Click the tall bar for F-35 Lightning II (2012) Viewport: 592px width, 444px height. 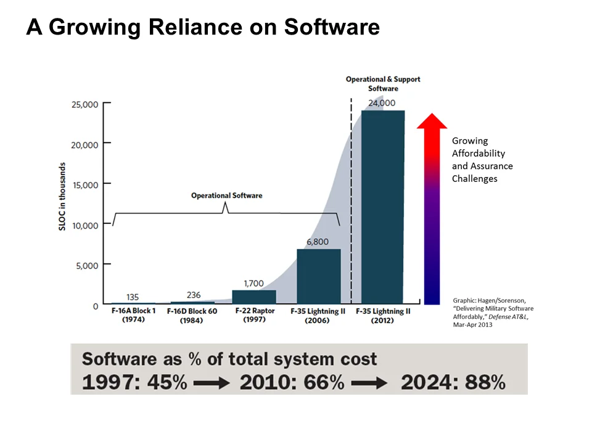pos(383,207)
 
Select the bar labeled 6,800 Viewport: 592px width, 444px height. pos(318,276)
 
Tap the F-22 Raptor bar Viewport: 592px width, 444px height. pos(254,297)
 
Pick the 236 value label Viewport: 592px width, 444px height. pos(194,295)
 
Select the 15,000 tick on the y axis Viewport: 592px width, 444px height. pos(82,184)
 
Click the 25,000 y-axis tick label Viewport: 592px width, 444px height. pos(82,104)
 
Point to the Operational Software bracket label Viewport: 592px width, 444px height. pos(226,195)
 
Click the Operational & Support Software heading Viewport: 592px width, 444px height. pos(383,84)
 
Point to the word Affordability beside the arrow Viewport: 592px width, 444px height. pos(479,153)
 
